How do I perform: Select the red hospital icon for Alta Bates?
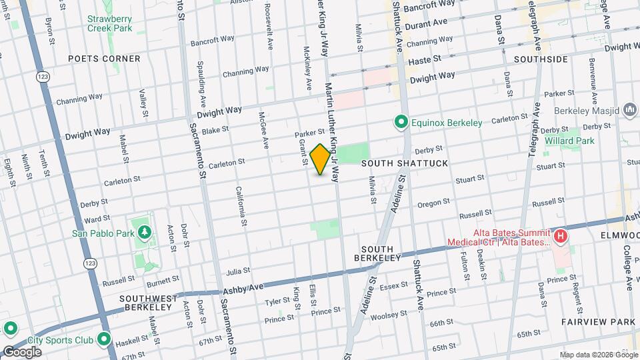coord(561,236)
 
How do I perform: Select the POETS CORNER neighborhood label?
coord(105,59)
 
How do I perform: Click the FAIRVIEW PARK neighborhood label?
coord(607,322)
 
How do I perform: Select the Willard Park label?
coord(569,141)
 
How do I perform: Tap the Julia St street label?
coord(238,271)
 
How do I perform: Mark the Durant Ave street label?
coord(427,22)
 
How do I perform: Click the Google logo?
coord(21,351)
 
